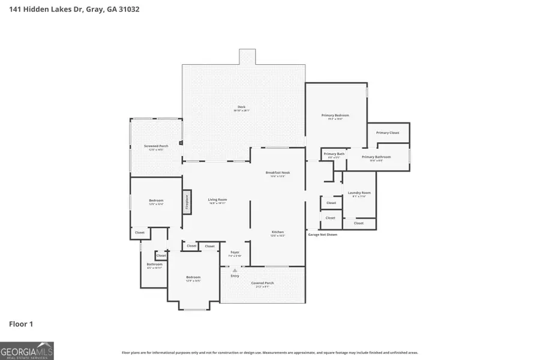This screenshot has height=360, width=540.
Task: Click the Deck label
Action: tap(241, 107)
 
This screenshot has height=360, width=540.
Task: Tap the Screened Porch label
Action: tap(155, 146)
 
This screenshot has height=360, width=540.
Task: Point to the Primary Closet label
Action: tap(388, 133)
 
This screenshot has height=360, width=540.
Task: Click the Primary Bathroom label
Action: tap(376, 157)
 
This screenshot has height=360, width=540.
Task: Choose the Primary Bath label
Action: tap(334, 154)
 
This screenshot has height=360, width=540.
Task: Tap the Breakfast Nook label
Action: tap(278, 173)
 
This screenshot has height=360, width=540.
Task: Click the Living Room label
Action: tap(217, 200)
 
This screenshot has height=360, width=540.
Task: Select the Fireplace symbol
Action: tap(187, 202)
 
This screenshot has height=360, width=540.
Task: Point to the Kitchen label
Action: tap(277, 232)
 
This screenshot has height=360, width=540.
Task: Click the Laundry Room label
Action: tap(359, 193)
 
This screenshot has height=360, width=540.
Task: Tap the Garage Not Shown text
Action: tap(323, 235)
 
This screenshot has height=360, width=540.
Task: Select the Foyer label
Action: tap(235, 253)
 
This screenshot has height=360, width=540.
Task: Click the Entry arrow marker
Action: tap(235, 271)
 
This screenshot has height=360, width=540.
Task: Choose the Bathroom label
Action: tap(154, 264)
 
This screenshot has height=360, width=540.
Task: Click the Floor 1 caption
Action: tap(21, 324)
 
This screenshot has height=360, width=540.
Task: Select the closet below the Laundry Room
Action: tap(358, 223)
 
